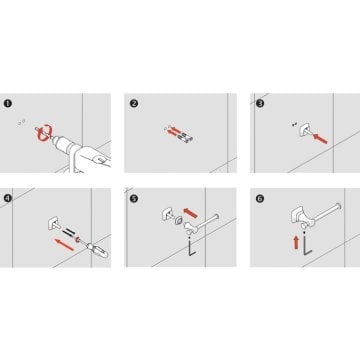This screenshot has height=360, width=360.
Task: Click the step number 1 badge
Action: [8, 103]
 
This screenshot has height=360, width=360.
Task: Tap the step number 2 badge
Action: [134, 103]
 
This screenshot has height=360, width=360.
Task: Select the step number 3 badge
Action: [260, 103]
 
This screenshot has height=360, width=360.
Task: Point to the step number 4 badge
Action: [8, 198]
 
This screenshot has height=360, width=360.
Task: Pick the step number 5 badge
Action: [134, 199]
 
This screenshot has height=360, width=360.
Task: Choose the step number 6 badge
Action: [260, 199]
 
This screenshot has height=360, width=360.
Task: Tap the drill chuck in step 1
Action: [62, 144]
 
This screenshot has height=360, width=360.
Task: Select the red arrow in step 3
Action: [320, 138]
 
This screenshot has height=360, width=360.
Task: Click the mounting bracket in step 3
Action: [305, 130]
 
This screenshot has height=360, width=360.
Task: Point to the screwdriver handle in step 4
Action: [99, 252]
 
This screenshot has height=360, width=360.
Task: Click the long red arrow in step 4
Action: [64, 244]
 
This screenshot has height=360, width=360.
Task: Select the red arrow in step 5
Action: [191, 212]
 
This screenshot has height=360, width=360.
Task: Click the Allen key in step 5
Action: [190, 249]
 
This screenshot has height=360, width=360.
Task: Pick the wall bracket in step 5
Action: [168, 214]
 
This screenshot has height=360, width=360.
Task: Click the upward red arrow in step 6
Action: [296, 242]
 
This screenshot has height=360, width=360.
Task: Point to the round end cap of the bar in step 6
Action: [338, 206]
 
